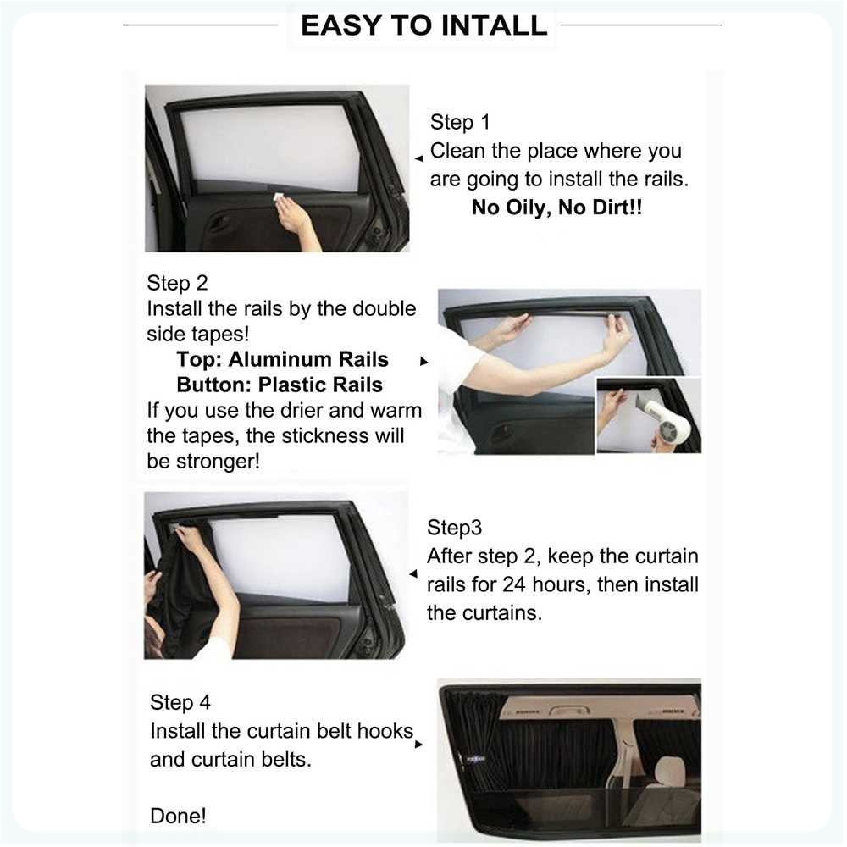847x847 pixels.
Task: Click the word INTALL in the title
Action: point(495,25)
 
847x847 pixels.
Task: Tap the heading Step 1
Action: point(460,122)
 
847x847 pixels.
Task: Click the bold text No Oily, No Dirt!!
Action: point(557,208)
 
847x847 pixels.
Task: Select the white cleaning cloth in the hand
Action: point(280,197)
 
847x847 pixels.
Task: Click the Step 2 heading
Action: point(177,283)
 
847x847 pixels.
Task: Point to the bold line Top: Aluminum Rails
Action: point(283,359)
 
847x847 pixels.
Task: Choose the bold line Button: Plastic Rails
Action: point(280,385)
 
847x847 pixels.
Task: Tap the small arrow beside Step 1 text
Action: point(418,158)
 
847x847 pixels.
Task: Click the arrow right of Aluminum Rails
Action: point(424,362)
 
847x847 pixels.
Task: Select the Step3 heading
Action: point(454,528)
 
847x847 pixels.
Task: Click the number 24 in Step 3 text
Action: point(514,584)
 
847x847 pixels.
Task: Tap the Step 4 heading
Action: point(180,702)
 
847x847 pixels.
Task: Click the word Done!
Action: point(178,816)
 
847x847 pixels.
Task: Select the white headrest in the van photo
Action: point(670,772)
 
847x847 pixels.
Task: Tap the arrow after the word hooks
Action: point(418,745)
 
